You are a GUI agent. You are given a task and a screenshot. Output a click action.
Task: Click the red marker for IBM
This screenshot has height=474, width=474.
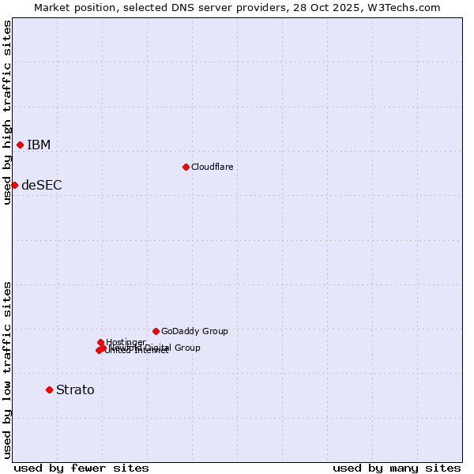click(x=20, y=145)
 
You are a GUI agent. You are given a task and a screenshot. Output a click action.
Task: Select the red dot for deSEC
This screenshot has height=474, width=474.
click(x=14, y=185)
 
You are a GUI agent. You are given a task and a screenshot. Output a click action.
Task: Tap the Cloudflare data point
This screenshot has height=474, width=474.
click(x=186, y=167)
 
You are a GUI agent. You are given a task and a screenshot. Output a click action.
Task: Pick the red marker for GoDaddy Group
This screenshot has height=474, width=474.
click(x=156, y=331)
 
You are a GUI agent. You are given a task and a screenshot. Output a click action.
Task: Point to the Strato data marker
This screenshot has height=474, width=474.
click(x=49, y=389)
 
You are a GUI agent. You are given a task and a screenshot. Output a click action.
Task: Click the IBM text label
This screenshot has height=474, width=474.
click(x=39, y=145)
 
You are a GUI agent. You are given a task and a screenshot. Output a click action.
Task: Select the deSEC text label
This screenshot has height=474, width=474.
click(x=42, y=186)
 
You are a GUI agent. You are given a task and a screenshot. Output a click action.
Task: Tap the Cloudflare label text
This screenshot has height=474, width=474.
click(x=213, y=167)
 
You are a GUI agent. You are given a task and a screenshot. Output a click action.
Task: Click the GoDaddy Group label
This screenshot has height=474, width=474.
click(x=194, y=331)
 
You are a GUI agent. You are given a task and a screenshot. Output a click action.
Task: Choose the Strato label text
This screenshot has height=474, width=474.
click(x=75, y=389)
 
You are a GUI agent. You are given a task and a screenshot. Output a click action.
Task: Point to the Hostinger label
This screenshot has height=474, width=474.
click(x=126, y=341)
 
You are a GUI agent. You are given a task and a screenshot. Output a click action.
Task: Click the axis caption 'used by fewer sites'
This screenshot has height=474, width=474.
click(x=81, y=468)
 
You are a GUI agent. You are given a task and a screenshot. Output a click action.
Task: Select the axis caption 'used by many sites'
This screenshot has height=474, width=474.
click(x=397, y=468)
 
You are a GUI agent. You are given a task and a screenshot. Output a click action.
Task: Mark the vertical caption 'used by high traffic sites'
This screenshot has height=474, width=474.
click(x=7, y=112)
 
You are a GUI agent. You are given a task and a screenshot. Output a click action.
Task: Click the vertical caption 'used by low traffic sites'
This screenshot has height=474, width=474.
click(x=7, y=369)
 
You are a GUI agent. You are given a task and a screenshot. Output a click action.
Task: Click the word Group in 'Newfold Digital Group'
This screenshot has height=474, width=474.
click(x=187, y=348)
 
